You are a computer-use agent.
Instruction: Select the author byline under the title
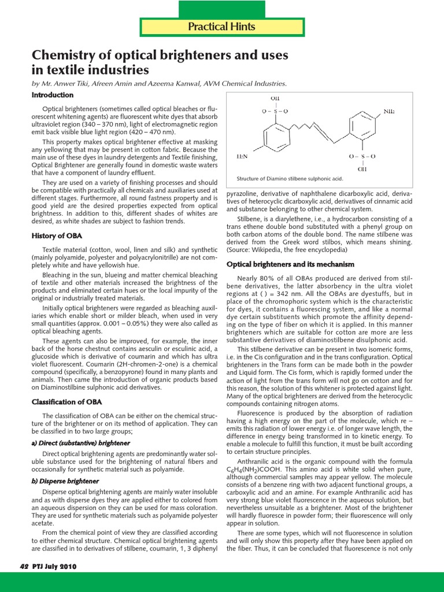pyautogui.click(x=159, y=83)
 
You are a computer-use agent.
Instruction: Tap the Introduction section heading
pyautogui.click(x=52, y=95)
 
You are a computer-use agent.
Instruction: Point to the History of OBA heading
pyautogui.click(x=56, y=236)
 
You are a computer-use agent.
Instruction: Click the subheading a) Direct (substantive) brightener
pyautogui.click(x=80, y=443)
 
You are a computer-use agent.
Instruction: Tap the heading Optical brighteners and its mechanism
pyautogui.click(x=290, y=264)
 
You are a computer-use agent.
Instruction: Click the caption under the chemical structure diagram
pyautogui.click(x=290, y=179)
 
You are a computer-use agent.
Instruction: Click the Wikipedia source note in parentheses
pyautogui.click(x=287, y=250)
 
